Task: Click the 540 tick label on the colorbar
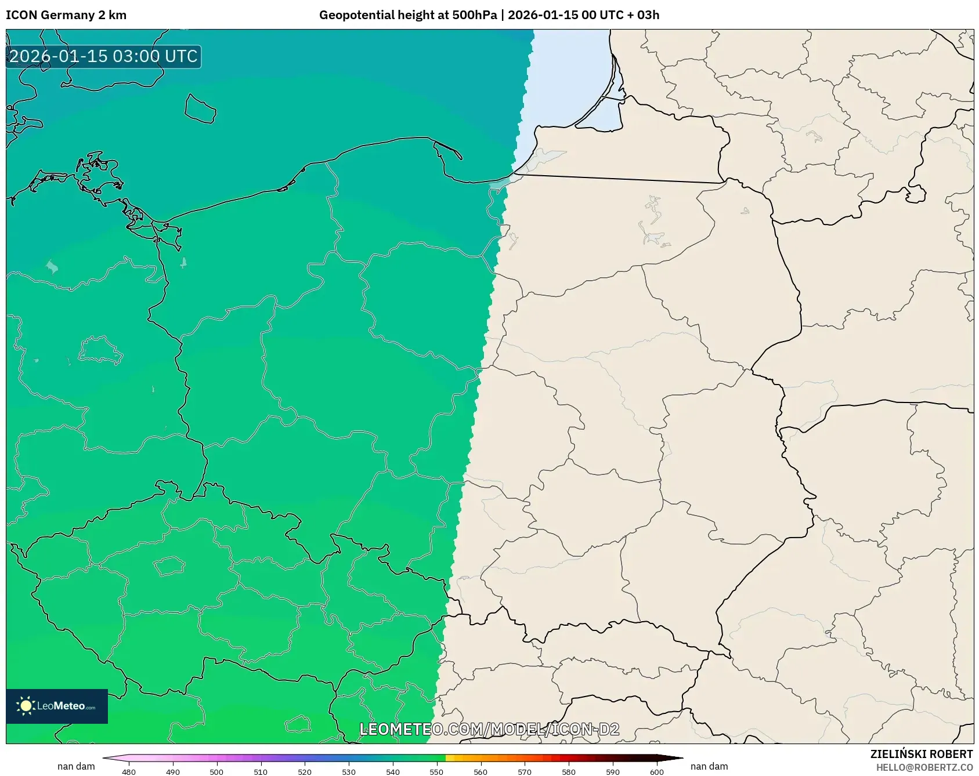coord(393,772)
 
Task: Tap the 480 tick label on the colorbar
coord(129,772)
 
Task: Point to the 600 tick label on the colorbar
coord(657,772)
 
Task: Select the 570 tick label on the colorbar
coord(525,772)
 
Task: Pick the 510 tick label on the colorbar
coord(261,772)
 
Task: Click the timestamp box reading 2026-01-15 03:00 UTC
coord(103,57)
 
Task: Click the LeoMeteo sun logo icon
coord(26,706)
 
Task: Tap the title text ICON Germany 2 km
coord(66,15)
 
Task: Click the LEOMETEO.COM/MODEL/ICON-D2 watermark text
coord(489,729)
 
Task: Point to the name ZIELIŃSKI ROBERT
coord(921,754)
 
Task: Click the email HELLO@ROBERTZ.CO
coord(924,767)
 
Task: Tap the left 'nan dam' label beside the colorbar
coord(76,766)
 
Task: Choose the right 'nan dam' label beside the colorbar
coord(709,766)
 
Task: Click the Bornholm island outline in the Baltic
coord(200,109)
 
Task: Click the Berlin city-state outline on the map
coord(100,350)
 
